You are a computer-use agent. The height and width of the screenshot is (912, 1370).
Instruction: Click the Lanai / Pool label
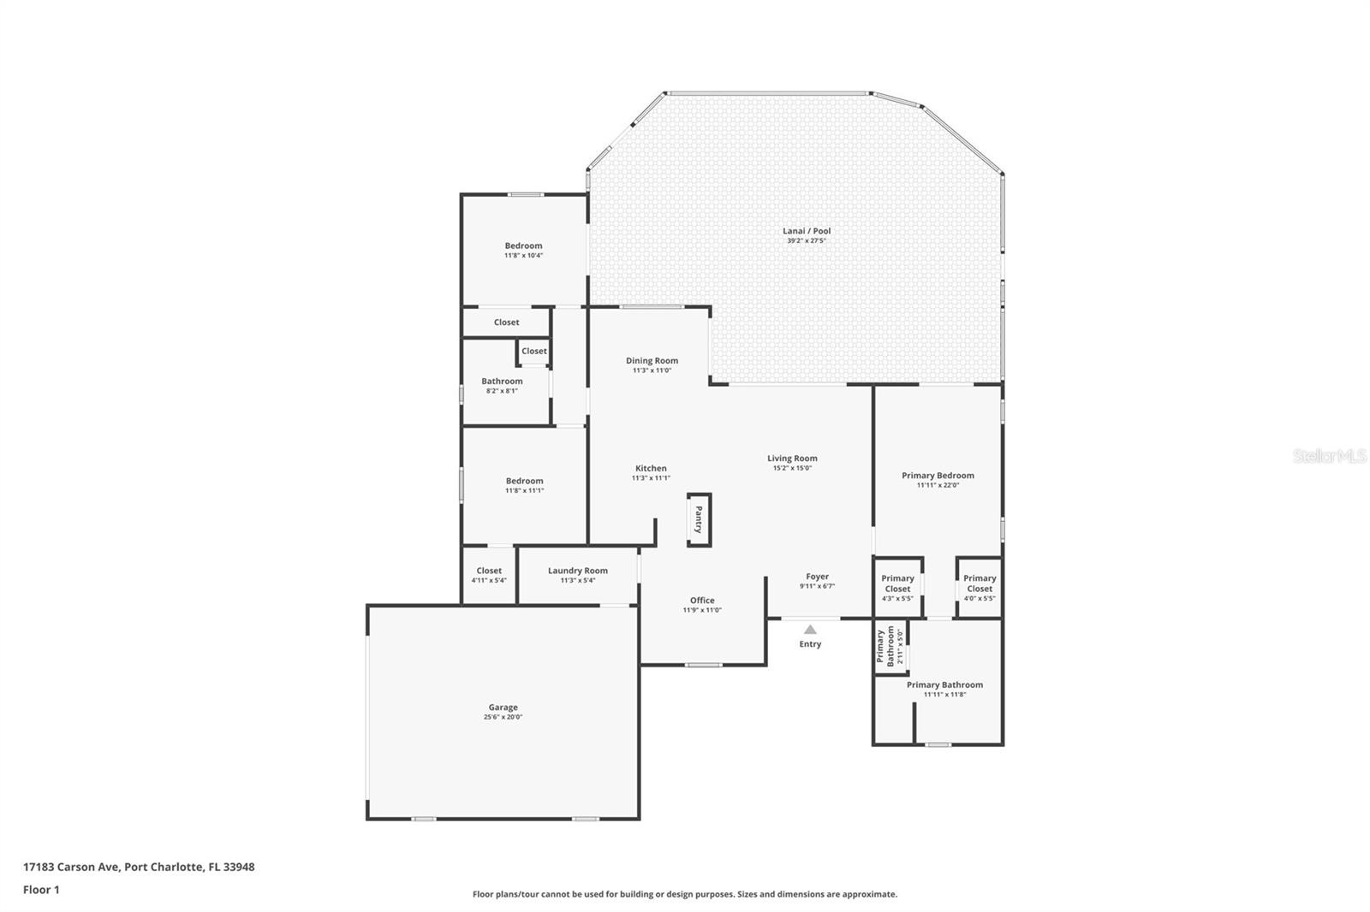click(x=806, y=231)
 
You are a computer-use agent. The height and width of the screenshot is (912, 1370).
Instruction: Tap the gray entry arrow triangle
click(x=809, y=630)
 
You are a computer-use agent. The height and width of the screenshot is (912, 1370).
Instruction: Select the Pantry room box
click(x=699, y=519)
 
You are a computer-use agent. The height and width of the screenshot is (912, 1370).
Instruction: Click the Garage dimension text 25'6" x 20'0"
click(x=503, y=717)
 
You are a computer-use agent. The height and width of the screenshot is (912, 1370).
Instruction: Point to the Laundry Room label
click(x=577, y=571)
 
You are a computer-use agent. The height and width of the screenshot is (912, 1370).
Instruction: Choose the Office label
click(x=702, y=601)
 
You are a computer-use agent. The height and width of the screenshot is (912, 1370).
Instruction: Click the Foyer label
click(x=817, y=577)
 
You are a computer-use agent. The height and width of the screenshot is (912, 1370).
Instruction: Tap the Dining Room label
click(x=652, y=361)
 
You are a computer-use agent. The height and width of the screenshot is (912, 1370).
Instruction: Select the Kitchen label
click(x=651, y=469)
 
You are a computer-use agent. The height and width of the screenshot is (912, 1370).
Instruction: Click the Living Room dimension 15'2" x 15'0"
click(x=792, y=468)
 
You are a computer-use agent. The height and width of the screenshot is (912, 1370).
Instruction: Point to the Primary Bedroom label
click(x=938, y=476)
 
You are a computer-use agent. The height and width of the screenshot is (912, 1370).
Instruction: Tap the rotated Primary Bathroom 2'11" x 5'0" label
click(x=890, y=647)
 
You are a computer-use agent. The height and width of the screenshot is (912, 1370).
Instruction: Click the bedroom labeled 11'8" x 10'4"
click(x=523, y=250)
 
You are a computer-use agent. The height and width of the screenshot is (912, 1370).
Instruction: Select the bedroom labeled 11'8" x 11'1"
click(x=524, y=485)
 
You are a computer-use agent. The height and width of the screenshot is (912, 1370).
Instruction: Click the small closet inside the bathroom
click(x=533, y=352)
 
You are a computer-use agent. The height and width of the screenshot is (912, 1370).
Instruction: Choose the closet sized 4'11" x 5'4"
click(x=489, y=575)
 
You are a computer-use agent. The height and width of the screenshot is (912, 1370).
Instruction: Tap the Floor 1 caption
click(x=41, y=890)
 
